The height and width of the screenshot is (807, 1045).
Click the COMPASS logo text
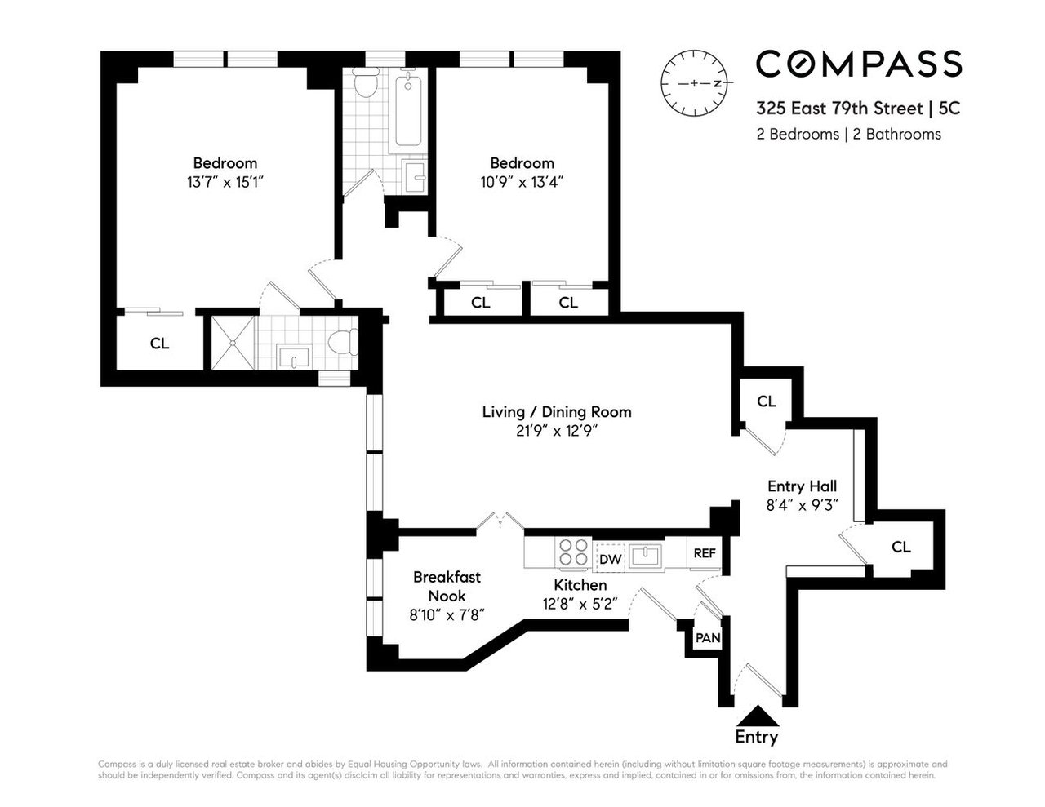tap(859, 64)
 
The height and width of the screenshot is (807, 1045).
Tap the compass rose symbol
tap(696, 84)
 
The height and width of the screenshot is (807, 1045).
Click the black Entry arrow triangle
tap(756, 715)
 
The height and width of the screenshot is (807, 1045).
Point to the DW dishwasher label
tap(609, 559)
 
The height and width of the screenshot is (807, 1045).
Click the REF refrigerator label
tap(704, 552)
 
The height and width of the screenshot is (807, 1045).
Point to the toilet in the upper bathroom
tap(365, 82)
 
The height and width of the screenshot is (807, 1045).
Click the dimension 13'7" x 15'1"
tap(225, 182)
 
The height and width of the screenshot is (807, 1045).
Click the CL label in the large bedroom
tap(159, 344)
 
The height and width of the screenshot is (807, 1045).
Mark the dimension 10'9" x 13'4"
tap(522, 182)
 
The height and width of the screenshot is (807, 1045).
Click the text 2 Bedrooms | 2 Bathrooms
tap(848, 134)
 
